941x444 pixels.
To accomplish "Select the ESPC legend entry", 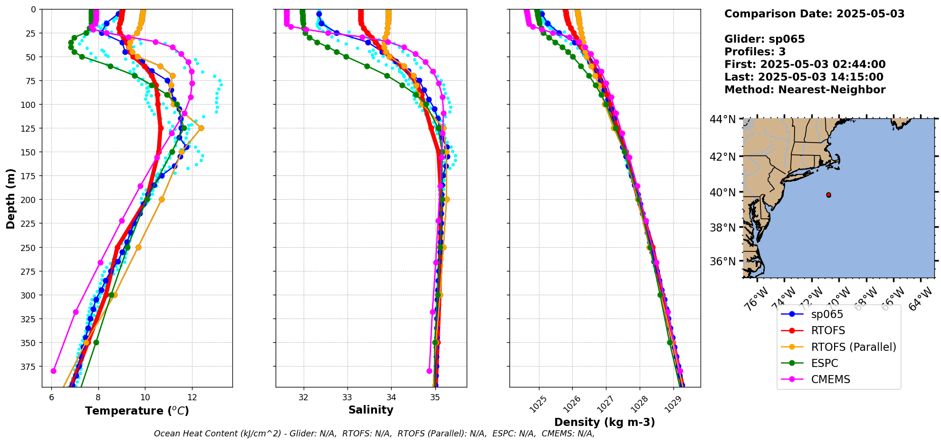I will [825, 363].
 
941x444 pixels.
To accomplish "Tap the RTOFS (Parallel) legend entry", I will [853, 347].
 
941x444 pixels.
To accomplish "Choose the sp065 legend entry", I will [827, 314].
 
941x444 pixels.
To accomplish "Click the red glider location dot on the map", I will [828, 195].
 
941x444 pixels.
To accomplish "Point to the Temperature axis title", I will [137, 411].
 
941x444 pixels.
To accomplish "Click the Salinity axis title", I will [371, 410].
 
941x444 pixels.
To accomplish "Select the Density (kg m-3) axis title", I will [605, 422].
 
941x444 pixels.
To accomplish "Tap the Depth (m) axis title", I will [11, 198].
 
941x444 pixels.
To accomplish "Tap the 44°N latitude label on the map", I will [722, 119].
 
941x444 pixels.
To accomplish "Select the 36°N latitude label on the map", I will [722, 261].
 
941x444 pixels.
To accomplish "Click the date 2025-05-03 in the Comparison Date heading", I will [870, 14].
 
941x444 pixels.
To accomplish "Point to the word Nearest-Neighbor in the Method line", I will [832, 90].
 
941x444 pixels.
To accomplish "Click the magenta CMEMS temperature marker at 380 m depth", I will [53, 371].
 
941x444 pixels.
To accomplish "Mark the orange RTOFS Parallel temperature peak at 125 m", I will [201, 128].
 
